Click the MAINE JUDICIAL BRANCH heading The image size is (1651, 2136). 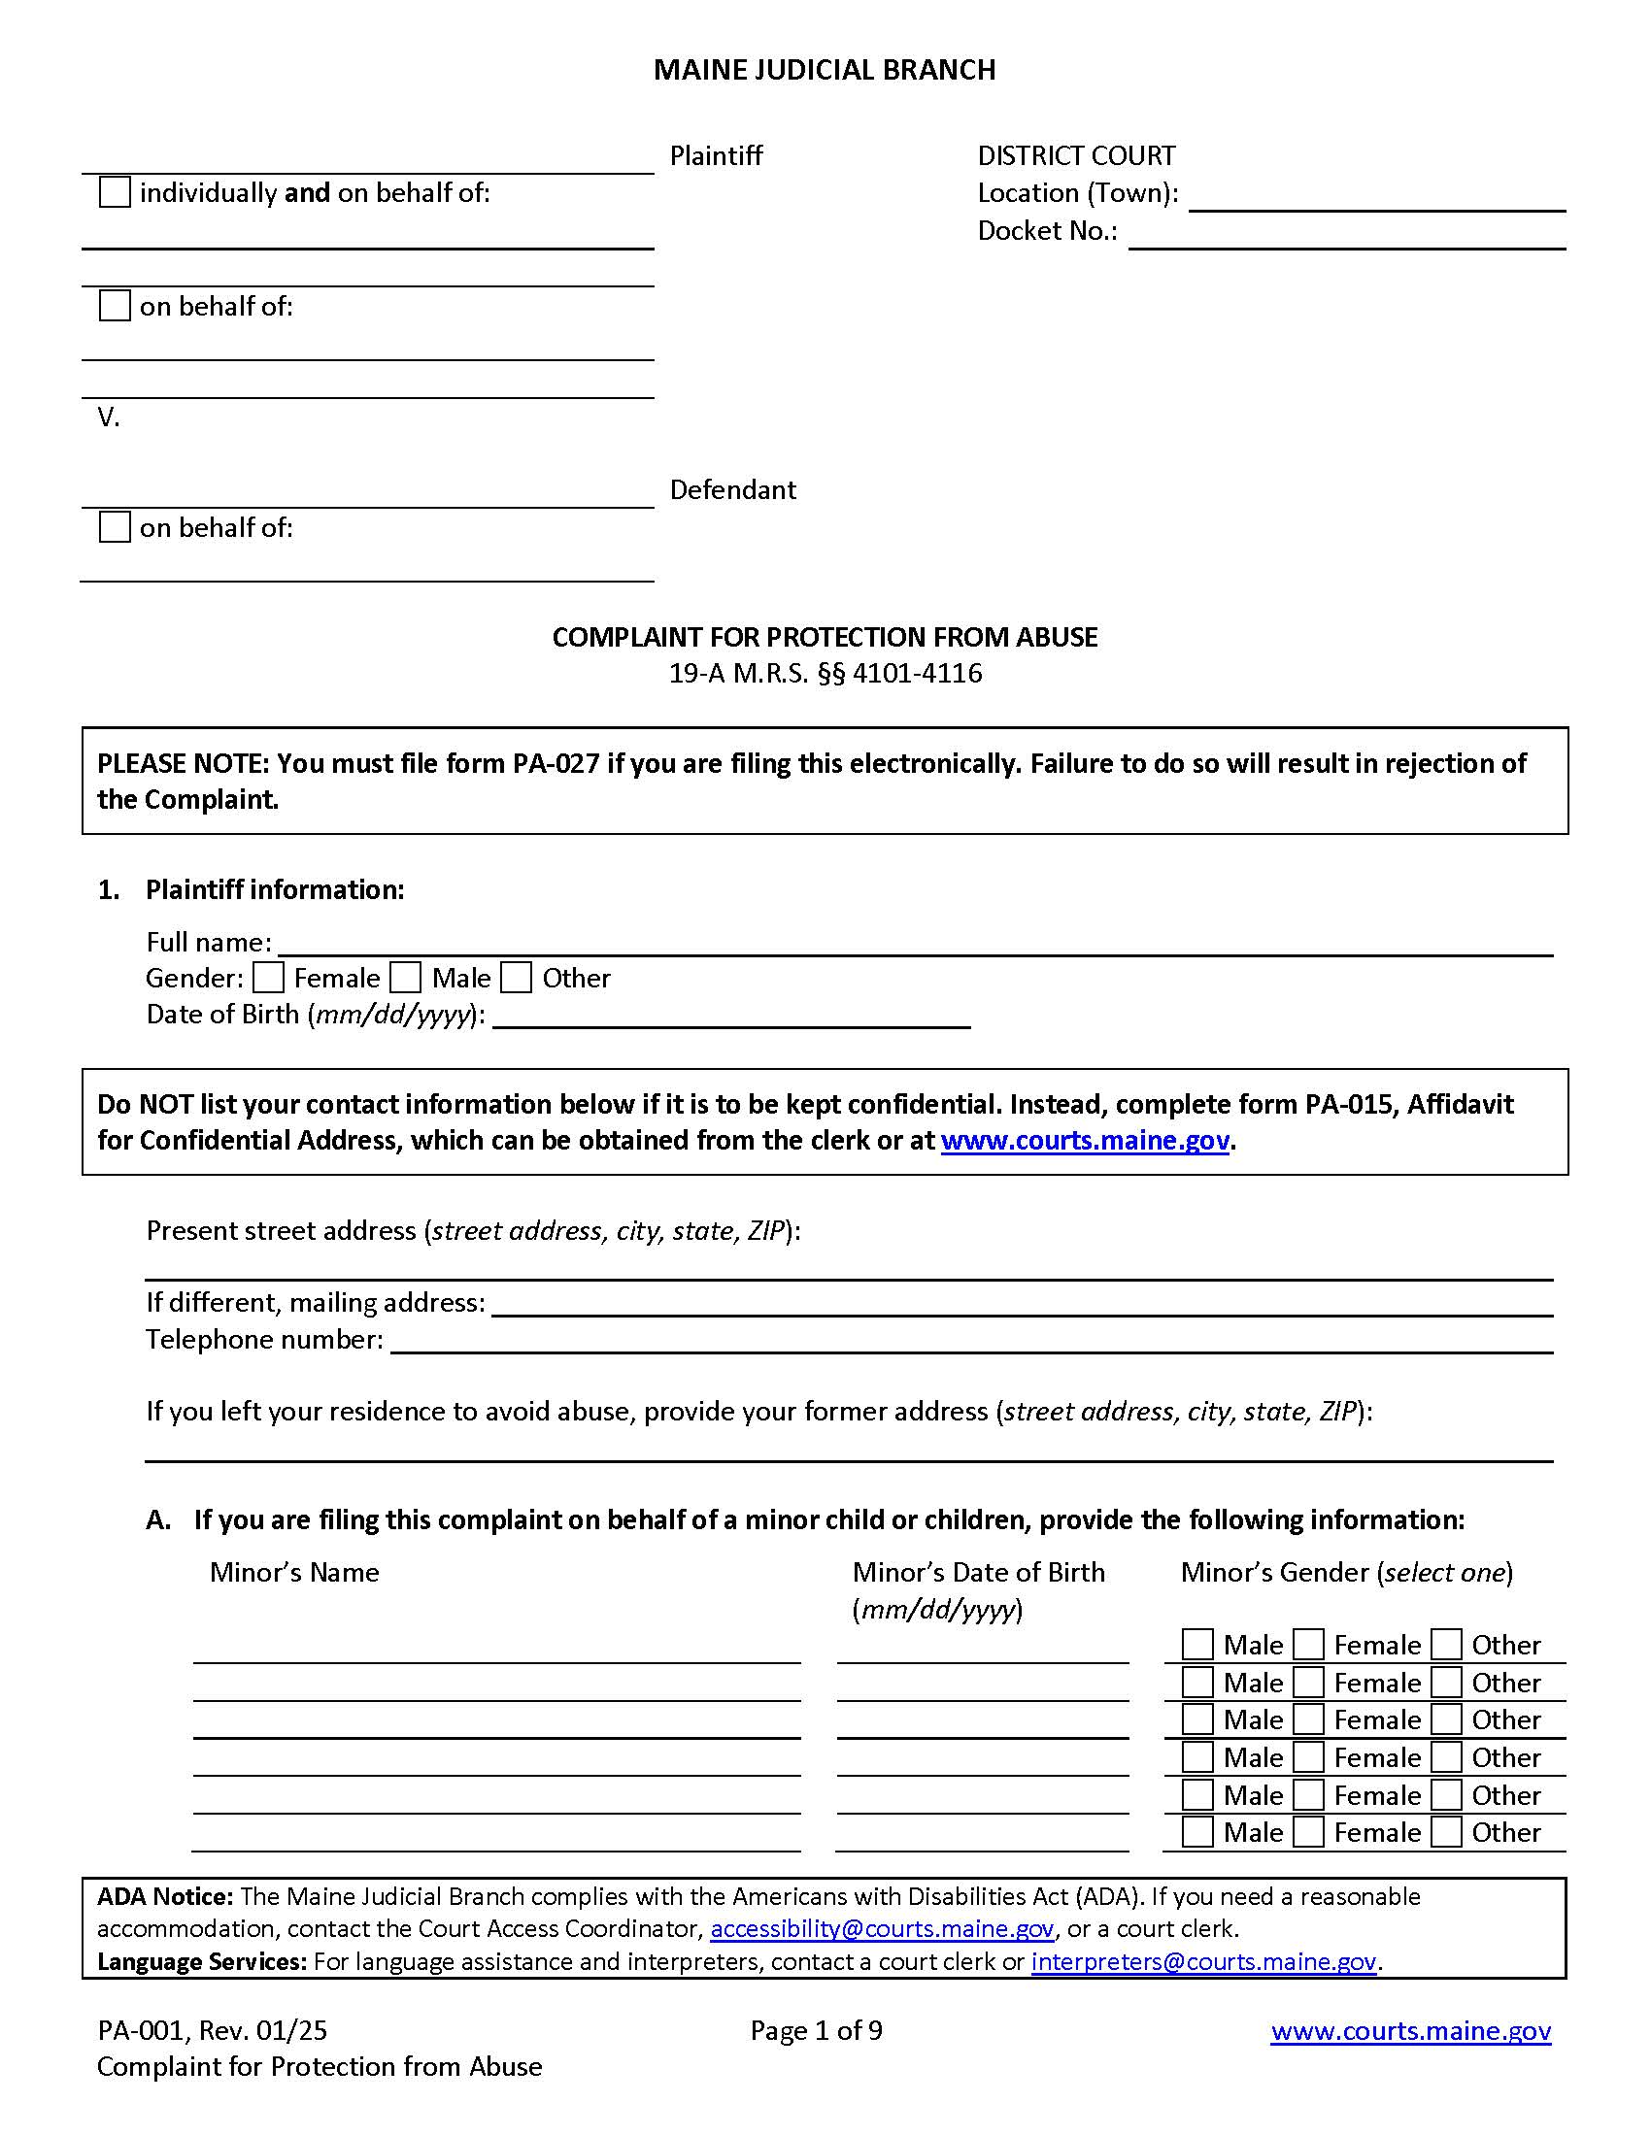click(825, 71)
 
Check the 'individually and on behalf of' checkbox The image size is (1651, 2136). click(115, 191)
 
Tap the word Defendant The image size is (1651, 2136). click(732, 490)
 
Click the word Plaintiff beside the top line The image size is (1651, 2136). click(716, 155)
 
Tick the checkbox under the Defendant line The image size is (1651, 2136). click(115, 527)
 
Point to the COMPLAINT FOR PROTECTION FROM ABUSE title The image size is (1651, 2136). click(825, 638)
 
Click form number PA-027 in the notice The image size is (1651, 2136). click(556, 764)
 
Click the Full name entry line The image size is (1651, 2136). click(915, 945)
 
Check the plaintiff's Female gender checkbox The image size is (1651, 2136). click(268, 978)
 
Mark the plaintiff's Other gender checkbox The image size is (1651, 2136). click(517, 978)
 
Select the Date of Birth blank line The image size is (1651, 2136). click(731, 1018)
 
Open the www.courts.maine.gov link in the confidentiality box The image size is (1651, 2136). click(1084, 1141)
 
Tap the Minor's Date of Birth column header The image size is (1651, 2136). click(978, 1573)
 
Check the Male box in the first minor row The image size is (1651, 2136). click(1197, 1645)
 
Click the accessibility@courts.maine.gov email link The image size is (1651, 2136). click(881, 1928)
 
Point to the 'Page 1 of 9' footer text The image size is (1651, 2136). click(816, 2031)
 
